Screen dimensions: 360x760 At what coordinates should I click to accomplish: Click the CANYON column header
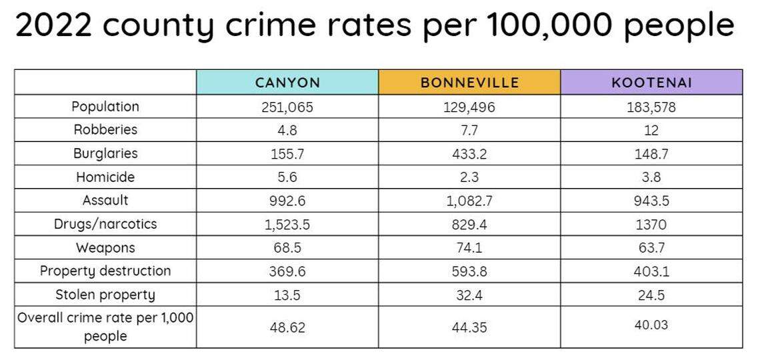(x=287, y=83)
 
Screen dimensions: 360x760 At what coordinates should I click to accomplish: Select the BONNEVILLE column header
(x=469, y=83)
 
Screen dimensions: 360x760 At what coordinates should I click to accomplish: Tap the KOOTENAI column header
(x=651, y=83)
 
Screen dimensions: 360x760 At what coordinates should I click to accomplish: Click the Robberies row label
(x=105, y=129)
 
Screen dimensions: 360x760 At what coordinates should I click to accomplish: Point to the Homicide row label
(x=105, y=177)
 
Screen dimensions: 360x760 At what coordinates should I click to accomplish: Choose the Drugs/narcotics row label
(x=105, y=224)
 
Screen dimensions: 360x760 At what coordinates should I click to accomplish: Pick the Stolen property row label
(x=105, y=295)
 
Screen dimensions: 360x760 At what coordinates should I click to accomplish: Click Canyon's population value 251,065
(x=287, y=107)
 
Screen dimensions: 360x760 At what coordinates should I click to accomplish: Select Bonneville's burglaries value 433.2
(x=469, y=153)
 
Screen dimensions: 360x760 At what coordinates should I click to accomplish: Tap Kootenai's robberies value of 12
(x=651, y=130)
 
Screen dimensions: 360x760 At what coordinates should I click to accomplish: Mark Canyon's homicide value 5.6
(x=287, y=177)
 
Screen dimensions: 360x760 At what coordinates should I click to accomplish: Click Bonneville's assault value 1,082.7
(x=469, y=201)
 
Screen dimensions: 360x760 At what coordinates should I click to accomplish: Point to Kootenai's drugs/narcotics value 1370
(x=651, y=225)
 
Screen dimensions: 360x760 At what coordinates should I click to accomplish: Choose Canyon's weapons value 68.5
(x=287, y=248)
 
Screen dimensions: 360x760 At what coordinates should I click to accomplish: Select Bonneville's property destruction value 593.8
(x=469, y=271)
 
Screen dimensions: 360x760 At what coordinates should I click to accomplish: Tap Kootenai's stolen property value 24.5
(x=651, y=295)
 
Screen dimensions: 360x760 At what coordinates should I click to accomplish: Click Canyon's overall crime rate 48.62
(x=287, y=327)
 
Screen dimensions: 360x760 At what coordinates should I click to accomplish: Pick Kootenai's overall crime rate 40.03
(x=651, y=325)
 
